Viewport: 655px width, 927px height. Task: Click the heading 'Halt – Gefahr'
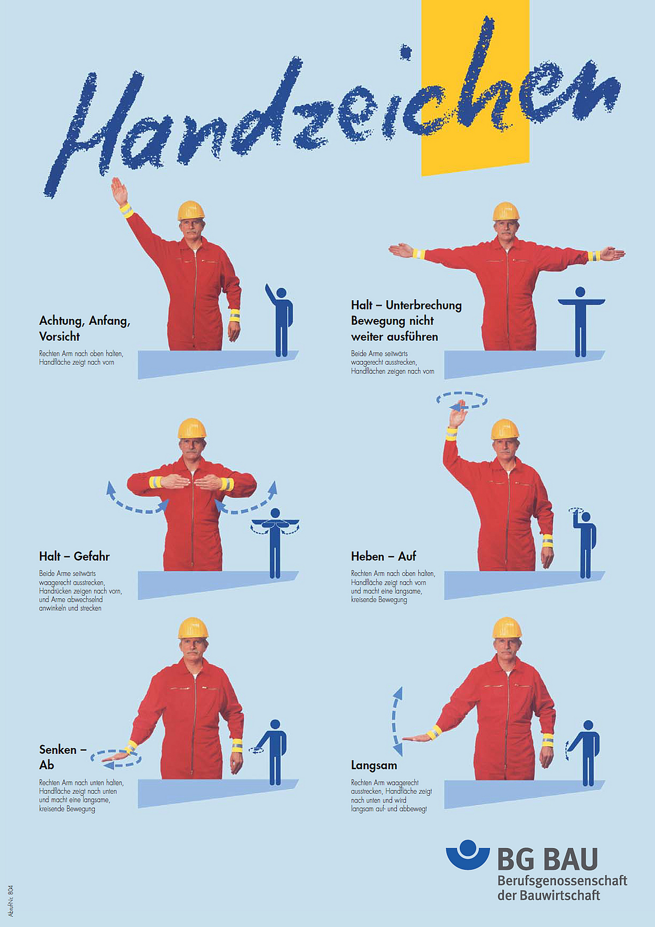74,556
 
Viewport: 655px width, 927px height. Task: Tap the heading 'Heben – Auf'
384,556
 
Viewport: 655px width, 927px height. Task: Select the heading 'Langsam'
374,765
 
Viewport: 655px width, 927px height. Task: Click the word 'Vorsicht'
59,336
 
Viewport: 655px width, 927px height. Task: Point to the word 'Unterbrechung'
424,305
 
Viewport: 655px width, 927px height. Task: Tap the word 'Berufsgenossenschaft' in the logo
562,880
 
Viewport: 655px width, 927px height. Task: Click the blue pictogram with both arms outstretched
581,322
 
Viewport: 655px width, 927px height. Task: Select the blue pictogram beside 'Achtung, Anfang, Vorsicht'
279,320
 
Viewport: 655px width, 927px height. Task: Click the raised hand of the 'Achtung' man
119,191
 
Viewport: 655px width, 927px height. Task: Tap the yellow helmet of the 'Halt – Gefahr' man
192,429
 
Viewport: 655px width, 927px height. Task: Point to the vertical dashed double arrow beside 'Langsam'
397,721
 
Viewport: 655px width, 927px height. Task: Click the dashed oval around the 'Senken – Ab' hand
116,758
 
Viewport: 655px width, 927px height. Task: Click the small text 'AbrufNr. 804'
10,901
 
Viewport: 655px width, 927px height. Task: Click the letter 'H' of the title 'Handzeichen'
95,133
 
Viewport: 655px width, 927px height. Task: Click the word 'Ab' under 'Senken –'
46,765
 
